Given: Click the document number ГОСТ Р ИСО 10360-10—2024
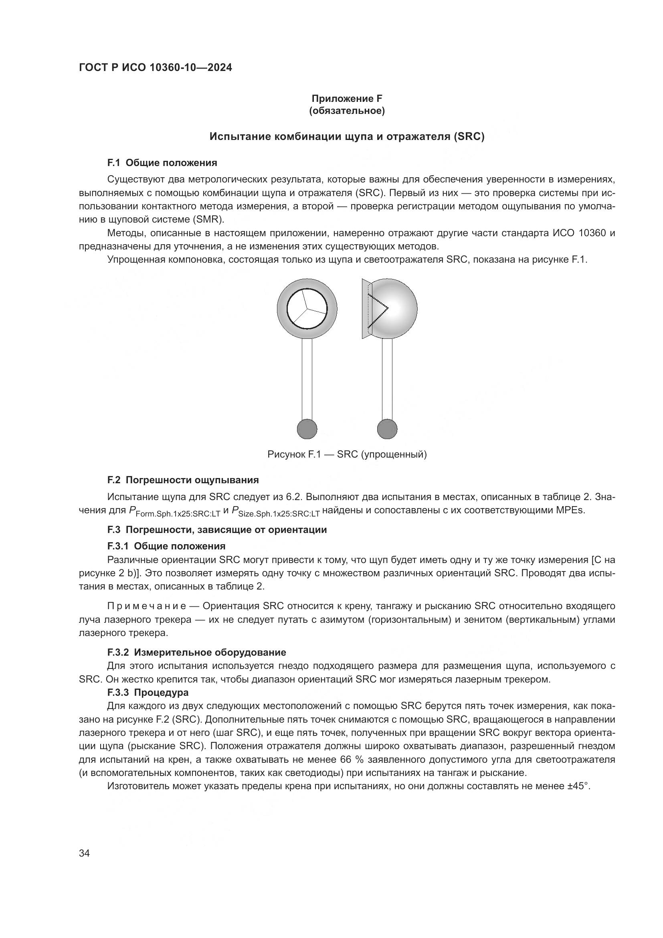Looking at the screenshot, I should click(x=155, y=68).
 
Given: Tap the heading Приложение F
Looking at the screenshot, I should click(x=347, y=99).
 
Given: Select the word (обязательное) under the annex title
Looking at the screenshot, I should click(x=347, y=111).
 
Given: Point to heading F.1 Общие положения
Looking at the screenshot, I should click(x=162, y=163).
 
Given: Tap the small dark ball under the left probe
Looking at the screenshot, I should click(x=307, y=429).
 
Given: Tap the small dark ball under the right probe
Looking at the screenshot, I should click(x=387, y=429).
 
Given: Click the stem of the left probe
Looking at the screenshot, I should click(x=307, y=378).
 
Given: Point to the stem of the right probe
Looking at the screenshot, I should click(x=387, y=378).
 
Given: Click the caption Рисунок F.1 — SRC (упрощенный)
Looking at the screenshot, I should click(x=347, y=454).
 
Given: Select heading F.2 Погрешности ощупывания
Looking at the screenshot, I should click(x=183, y=480).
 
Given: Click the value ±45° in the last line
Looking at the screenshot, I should click(x=579, y=786).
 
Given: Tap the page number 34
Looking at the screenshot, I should click(x=84, y=853).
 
